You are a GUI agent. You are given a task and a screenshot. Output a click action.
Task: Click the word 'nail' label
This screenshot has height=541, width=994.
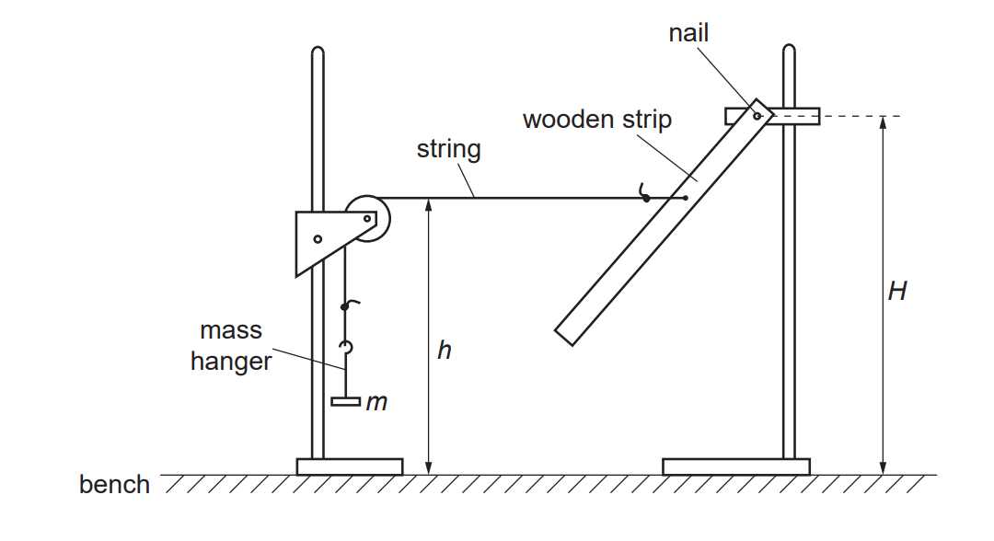pyautogui.click(x=689, y=34)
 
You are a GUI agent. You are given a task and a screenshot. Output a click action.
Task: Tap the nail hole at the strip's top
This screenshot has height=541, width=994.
pyautogui.click(x=757, y=116)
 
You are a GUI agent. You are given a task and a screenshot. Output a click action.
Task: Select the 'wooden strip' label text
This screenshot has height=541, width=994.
pyautogui.click(x=596, y=120)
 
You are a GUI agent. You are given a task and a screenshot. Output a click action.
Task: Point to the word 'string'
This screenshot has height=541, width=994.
pyautogui.click(x=448, y=149)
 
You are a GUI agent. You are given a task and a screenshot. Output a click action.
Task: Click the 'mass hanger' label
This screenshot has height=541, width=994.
pyautogui.click(x=230, y=346)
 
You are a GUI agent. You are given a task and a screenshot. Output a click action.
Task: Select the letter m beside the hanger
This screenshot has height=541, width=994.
pyautogui.click(x=376, y=402)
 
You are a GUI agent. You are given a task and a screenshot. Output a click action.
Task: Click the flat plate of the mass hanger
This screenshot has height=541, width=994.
pyautogui.click(x=345, y=401)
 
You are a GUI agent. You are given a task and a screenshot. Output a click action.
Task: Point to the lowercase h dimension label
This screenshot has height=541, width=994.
pyautogui.click(x=444, y=351)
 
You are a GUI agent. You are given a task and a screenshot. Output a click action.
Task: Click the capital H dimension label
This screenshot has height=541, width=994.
pyautogui.click(x=896, y=292)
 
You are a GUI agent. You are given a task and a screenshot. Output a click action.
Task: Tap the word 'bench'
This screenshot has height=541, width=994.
pyautogui.click(x=114, y=485)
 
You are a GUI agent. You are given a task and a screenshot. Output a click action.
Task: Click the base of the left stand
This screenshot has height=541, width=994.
pyautogui.click(x=349, y=466)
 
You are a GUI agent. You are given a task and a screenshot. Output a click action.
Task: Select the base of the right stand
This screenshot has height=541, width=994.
pyautogui.click(x=735, y=466)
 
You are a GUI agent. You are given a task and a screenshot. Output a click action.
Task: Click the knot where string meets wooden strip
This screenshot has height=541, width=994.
pyautogui.click(x=646, y=197)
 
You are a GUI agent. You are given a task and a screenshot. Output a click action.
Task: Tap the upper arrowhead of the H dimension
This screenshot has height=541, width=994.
pyautogui.click(x=882, y=122)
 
